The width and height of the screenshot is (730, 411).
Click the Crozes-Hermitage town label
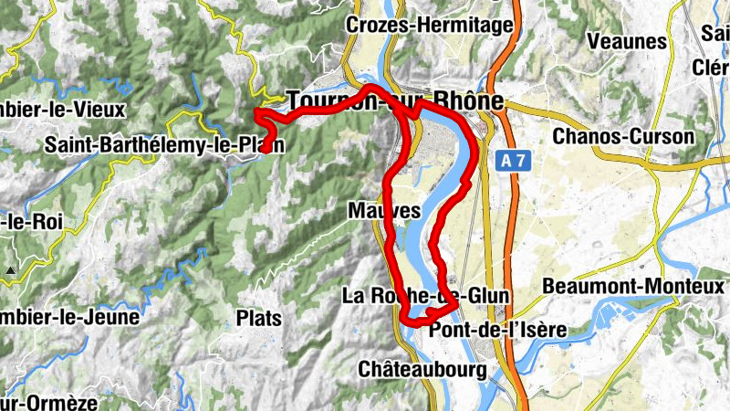[x=429, y=26]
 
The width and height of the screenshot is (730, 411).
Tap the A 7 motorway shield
[x=513, y=160]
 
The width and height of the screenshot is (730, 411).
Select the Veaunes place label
[x=627, y=41]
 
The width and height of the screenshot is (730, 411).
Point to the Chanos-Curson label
[x=623, y=137]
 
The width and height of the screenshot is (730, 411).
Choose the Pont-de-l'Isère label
[x=497, y=329]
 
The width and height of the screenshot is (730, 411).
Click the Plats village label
[x=258, y=319]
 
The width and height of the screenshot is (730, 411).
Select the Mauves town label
[x=384, y=211]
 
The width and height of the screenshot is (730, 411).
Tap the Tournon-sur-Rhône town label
[x=395, y=101]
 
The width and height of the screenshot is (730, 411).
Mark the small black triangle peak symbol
[x=10, y=270]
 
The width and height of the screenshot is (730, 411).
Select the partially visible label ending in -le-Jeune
[x=68, y=318]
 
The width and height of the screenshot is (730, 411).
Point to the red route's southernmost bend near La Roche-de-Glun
[x=407, y=320]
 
